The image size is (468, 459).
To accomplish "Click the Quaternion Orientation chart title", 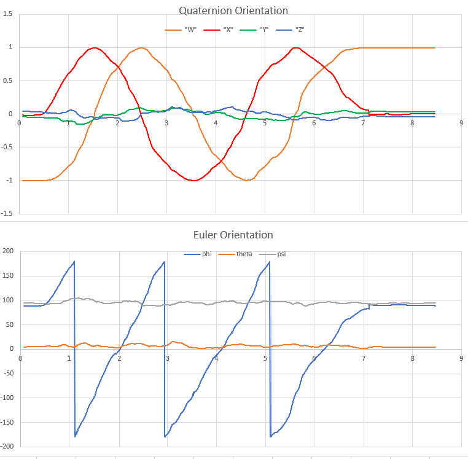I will [233, 10].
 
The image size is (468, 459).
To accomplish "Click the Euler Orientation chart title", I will [233, 235].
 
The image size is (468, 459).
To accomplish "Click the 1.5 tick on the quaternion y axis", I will [7, 14].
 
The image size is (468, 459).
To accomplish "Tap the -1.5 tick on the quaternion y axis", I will [7, 213].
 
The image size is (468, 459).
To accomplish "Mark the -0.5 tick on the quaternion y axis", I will [7, 147].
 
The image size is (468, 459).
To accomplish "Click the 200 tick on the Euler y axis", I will [8, 251].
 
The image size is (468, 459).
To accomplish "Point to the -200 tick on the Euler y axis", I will [7, 446].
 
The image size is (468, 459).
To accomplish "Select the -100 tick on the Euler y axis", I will [7, 397].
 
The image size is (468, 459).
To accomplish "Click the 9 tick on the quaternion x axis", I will [461, 122].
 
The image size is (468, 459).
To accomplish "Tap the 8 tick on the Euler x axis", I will [413, 358].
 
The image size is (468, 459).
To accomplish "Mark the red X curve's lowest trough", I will [194, 181].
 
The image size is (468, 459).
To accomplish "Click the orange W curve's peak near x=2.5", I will [142, 47].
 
